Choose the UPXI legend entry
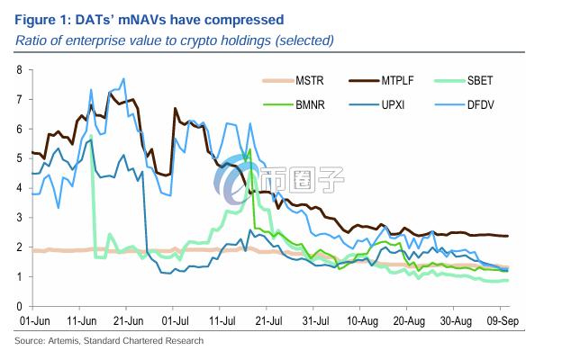[407, 104]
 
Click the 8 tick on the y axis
[19, 69]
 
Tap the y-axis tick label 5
[19, 158]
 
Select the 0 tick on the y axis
[19, 305]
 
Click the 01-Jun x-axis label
[32, 319]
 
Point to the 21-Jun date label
[129, 319]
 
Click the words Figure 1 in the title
[40, 19]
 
